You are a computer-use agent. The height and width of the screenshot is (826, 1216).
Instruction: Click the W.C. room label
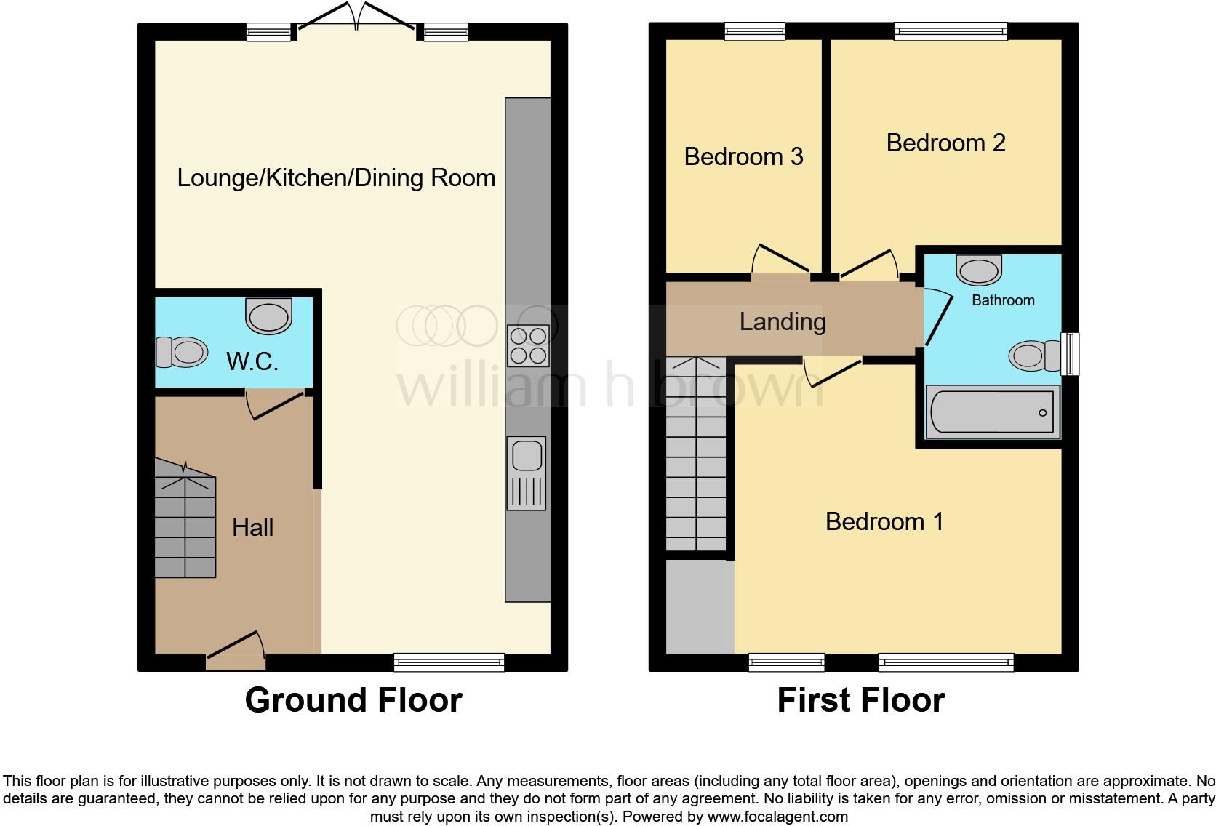click(x=252, y=361)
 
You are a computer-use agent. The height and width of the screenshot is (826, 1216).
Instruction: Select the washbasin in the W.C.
click(x=269, y=316)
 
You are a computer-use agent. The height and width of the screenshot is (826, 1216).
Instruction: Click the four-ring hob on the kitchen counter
click(x=527, y=345)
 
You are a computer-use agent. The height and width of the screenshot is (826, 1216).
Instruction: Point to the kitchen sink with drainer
click(x=526, y=473)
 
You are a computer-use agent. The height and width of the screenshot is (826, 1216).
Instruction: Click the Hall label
click(x=252, y=527)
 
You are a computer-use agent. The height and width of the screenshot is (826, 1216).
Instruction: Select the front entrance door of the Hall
click(x=236, y=651)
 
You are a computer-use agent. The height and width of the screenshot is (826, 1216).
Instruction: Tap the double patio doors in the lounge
click(x=356, y=17)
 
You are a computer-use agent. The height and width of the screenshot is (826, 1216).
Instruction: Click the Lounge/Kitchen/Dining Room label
click(x=336, y=178)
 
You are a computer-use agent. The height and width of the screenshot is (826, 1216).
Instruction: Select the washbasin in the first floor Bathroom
click(x=979, y=270)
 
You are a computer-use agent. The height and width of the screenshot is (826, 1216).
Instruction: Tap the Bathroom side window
click(x=1069, y=354)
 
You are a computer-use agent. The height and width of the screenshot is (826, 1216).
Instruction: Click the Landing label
click(x=783, y=321)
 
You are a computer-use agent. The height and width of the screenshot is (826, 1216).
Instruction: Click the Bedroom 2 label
click(x=945, y=143)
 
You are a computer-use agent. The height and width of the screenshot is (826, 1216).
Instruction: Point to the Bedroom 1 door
click(x=833, y=371)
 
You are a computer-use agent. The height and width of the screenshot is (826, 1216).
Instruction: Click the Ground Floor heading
click(x=353, y=700)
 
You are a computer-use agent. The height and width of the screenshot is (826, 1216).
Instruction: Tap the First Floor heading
click(x=860, y=700)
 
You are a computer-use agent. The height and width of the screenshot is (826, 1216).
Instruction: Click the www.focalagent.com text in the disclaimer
click(x=777, y=817)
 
